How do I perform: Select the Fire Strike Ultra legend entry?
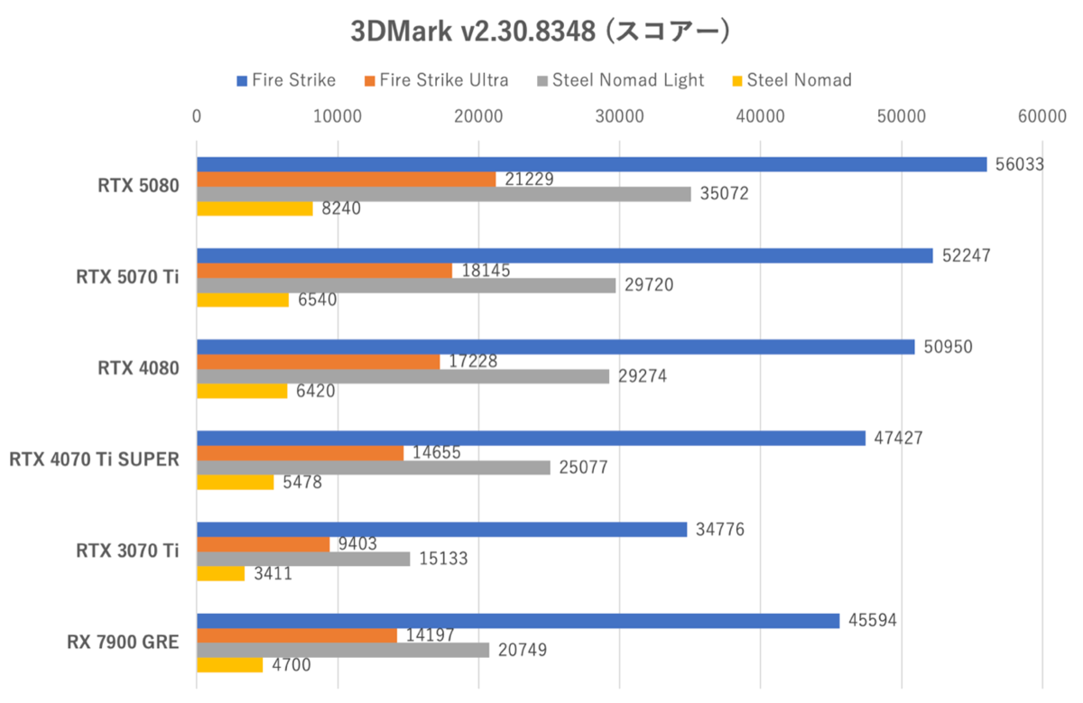(443, 80)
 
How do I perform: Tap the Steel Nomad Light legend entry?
(628, 80)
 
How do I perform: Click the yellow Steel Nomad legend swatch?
(736, 81)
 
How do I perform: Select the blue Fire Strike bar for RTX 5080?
(591, 164)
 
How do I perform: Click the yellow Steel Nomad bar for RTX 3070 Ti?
(220, 573)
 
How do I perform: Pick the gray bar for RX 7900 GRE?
(343, 650)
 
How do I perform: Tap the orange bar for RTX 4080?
(318, 362)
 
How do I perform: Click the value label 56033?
(1019, 163)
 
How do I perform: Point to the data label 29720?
(647, 285)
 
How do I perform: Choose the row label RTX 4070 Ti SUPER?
(95, 460)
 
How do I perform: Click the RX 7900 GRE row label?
(123, 643)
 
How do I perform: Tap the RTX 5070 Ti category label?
(127, 277)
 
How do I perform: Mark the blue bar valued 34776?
(442, 530)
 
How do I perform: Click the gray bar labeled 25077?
(373, 467)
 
